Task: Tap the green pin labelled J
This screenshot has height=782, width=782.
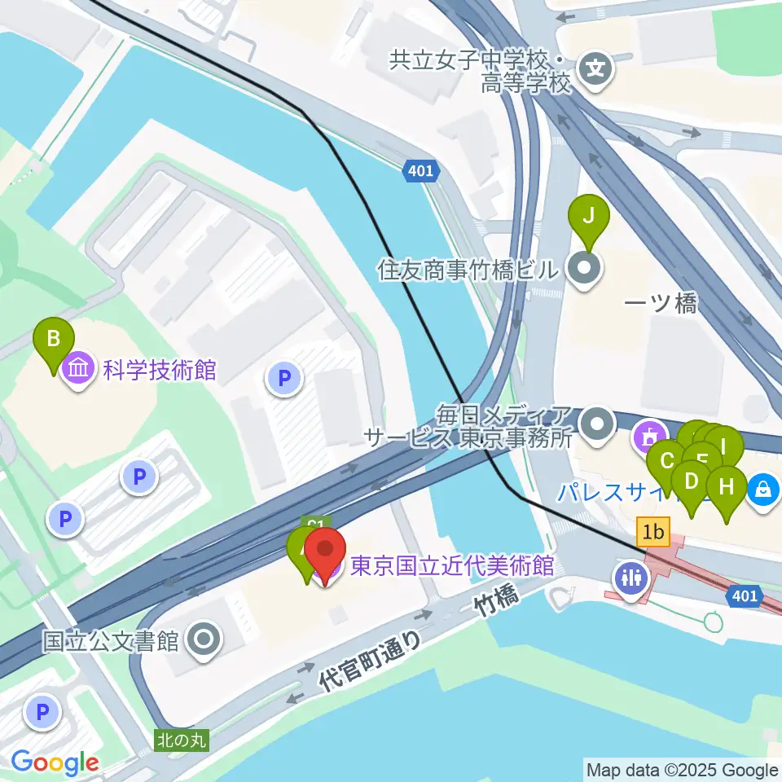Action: [592, 217]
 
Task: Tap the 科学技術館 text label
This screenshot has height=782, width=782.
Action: [160, 370]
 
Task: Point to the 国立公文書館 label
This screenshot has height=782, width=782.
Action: [111, 641]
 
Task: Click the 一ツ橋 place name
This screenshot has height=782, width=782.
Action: [661, 305]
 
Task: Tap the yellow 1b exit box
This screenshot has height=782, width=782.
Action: [653, 533]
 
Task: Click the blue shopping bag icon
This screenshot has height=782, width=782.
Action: [764, 490]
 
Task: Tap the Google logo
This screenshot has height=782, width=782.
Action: [55, 763]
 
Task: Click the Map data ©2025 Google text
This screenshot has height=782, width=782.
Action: [683, 770]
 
